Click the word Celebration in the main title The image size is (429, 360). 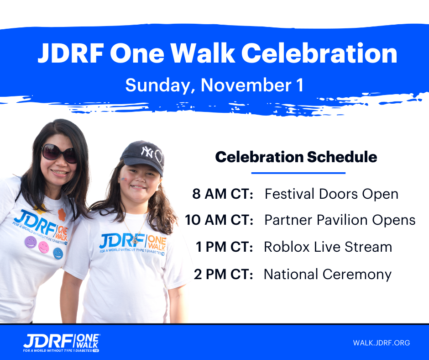(x=319, y=53)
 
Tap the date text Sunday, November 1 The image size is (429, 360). (x=214, y=85)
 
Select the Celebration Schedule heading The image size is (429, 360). (x=296, y=157)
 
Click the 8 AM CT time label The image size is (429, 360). (x=223, y=194)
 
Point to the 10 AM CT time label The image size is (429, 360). (x=219, y=220)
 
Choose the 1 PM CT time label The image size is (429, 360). (x=225, y=247)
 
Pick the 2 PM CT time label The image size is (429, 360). (x=224, y=274)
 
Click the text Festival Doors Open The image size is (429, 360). (x=331, y=194)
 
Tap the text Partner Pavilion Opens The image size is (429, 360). (x=340, y=220)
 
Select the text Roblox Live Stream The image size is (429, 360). (x=328, y=247)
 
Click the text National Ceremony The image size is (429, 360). (x=328, y=275)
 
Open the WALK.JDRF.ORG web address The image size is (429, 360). (x=382, y=343)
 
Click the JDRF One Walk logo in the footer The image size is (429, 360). (x=61, y=343)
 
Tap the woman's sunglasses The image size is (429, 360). (x=59, y=154)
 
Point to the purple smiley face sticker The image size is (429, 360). (x=31, y=242)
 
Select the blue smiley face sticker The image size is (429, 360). (x=58, y=253)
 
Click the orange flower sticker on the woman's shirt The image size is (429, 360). (x=62, y=215)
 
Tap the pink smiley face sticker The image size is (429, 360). (x=44, y=248)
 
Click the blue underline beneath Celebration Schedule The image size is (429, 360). (x=298, y=173)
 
